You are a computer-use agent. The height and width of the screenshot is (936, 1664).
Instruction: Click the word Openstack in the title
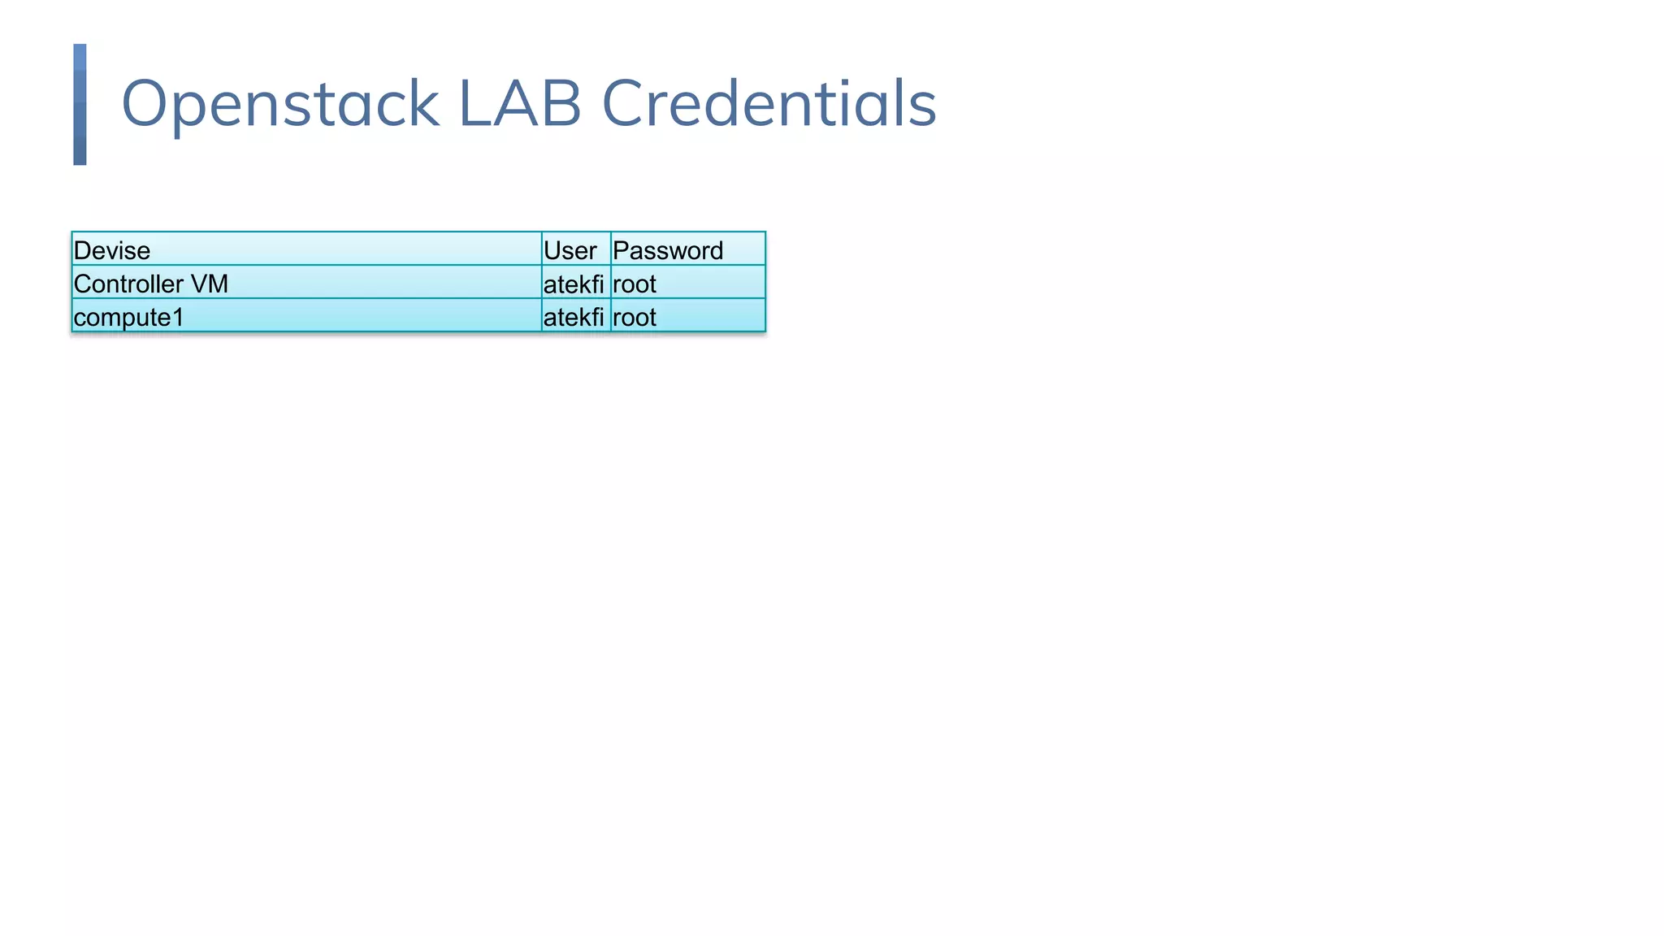279,103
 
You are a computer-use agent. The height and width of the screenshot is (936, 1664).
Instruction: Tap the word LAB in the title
520,103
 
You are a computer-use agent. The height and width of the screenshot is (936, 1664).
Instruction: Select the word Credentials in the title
769,103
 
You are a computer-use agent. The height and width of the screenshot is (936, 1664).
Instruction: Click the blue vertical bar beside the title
80,104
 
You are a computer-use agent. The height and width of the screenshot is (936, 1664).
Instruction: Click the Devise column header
111,250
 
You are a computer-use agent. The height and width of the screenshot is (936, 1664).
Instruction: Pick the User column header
570,250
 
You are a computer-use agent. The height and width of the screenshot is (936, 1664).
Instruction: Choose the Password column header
667,250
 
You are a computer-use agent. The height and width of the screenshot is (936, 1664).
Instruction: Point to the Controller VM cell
150,284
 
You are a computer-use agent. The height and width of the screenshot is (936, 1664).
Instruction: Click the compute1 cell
128,317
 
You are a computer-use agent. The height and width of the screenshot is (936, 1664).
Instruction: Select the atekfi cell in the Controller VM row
574,284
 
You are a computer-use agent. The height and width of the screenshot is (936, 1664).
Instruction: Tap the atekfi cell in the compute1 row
574,317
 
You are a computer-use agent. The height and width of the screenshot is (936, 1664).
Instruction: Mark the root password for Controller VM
634,284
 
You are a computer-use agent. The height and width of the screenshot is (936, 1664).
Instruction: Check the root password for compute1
634,317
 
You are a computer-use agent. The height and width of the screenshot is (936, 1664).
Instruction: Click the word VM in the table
209,284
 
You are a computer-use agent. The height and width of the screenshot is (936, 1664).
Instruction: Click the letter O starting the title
145,103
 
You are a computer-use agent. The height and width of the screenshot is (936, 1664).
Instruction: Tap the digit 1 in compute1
178,317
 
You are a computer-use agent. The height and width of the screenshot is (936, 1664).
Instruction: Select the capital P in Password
620,250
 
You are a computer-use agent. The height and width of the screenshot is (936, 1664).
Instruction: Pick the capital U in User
552,250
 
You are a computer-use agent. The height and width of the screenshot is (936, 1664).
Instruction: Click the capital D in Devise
81,250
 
